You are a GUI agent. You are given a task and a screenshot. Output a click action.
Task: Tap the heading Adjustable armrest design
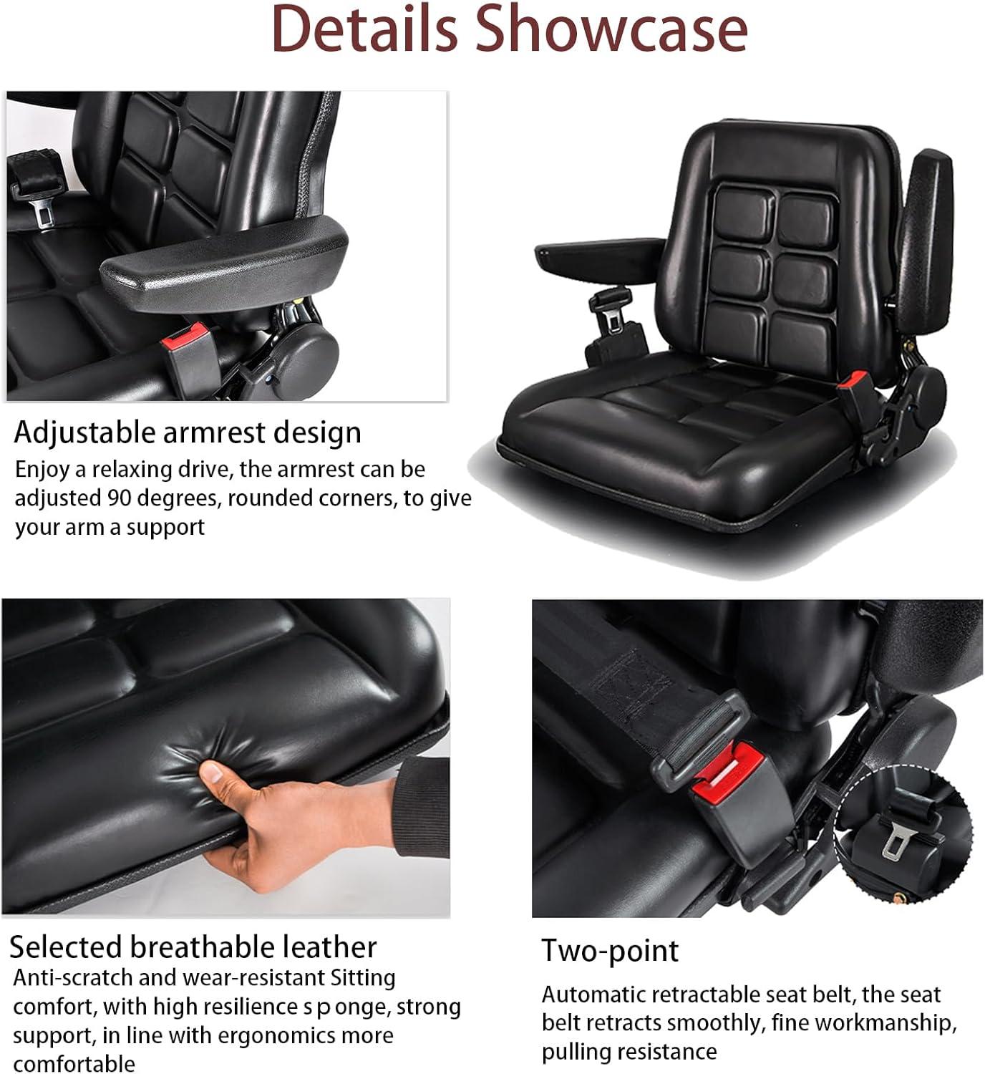point(188,432)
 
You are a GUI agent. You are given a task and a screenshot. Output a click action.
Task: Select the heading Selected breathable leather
point(193,947)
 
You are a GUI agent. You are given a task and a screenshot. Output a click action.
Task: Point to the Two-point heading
point(609,951)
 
